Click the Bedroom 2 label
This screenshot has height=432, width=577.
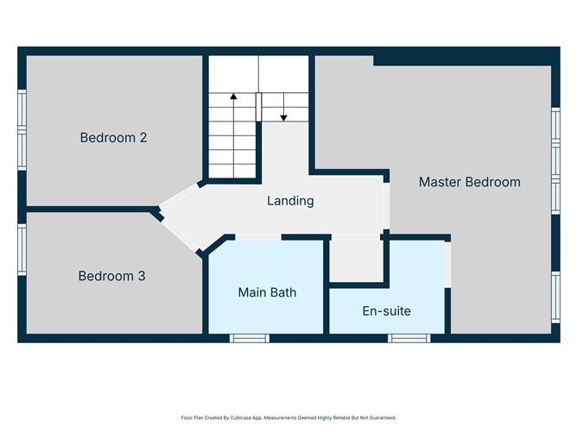(x=113, y=138)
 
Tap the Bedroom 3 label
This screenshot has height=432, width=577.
(x=112, y=276)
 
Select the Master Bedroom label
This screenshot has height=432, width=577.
(x=470, y=182)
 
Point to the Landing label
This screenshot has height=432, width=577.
(x=290, y=201)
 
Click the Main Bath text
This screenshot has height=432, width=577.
(x=267, y=292)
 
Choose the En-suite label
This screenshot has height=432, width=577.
(x=386, y=311)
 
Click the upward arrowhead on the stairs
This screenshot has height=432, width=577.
(x=233, y=97)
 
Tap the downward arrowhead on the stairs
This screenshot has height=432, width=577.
(x=283, y=118)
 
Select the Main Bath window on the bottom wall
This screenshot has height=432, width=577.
(x=250, y=338)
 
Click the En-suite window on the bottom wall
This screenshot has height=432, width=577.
(x=409, y=338)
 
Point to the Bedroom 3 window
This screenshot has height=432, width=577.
(x=22, y=249)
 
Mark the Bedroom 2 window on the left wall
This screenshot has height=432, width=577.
(x=22, y=130)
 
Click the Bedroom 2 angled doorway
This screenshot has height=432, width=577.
(x=180, y=195)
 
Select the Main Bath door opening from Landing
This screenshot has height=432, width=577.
(x=258, y=237)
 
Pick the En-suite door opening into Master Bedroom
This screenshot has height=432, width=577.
(x=447, y=265)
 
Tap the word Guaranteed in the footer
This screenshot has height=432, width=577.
(x=384, y=417)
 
